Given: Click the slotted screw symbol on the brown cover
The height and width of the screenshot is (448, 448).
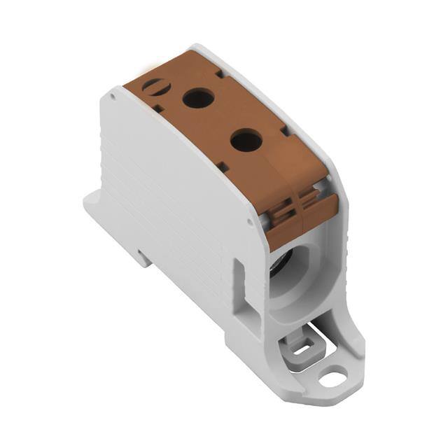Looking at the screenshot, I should coord(152,87).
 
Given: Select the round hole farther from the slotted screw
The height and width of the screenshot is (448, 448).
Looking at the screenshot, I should coord(246,141).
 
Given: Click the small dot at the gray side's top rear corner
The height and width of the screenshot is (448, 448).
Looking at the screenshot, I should coord(112,92).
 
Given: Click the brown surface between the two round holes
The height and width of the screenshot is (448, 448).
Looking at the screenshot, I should coord(222,120).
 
